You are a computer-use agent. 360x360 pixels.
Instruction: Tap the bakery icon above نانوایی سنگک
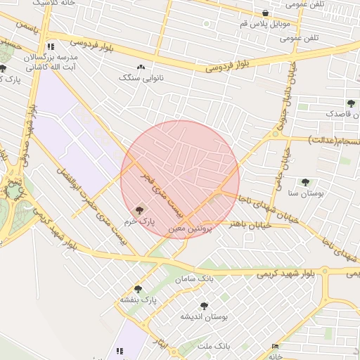141,67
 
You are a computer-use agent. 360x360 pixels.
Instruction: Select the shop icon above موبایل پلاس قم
264,13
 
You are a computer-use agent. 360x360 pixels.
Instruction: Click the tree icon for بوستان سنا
305,182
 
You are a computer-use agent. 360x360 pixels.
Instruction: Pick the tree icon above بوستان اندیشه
204,306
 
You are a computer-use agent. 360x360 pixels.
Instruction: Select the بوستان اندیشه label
205,318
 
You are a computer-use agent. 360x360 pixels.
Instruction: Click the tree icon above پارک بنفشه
138,289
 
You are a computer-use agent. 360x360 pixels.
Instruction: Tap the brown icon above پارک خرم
138,210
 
